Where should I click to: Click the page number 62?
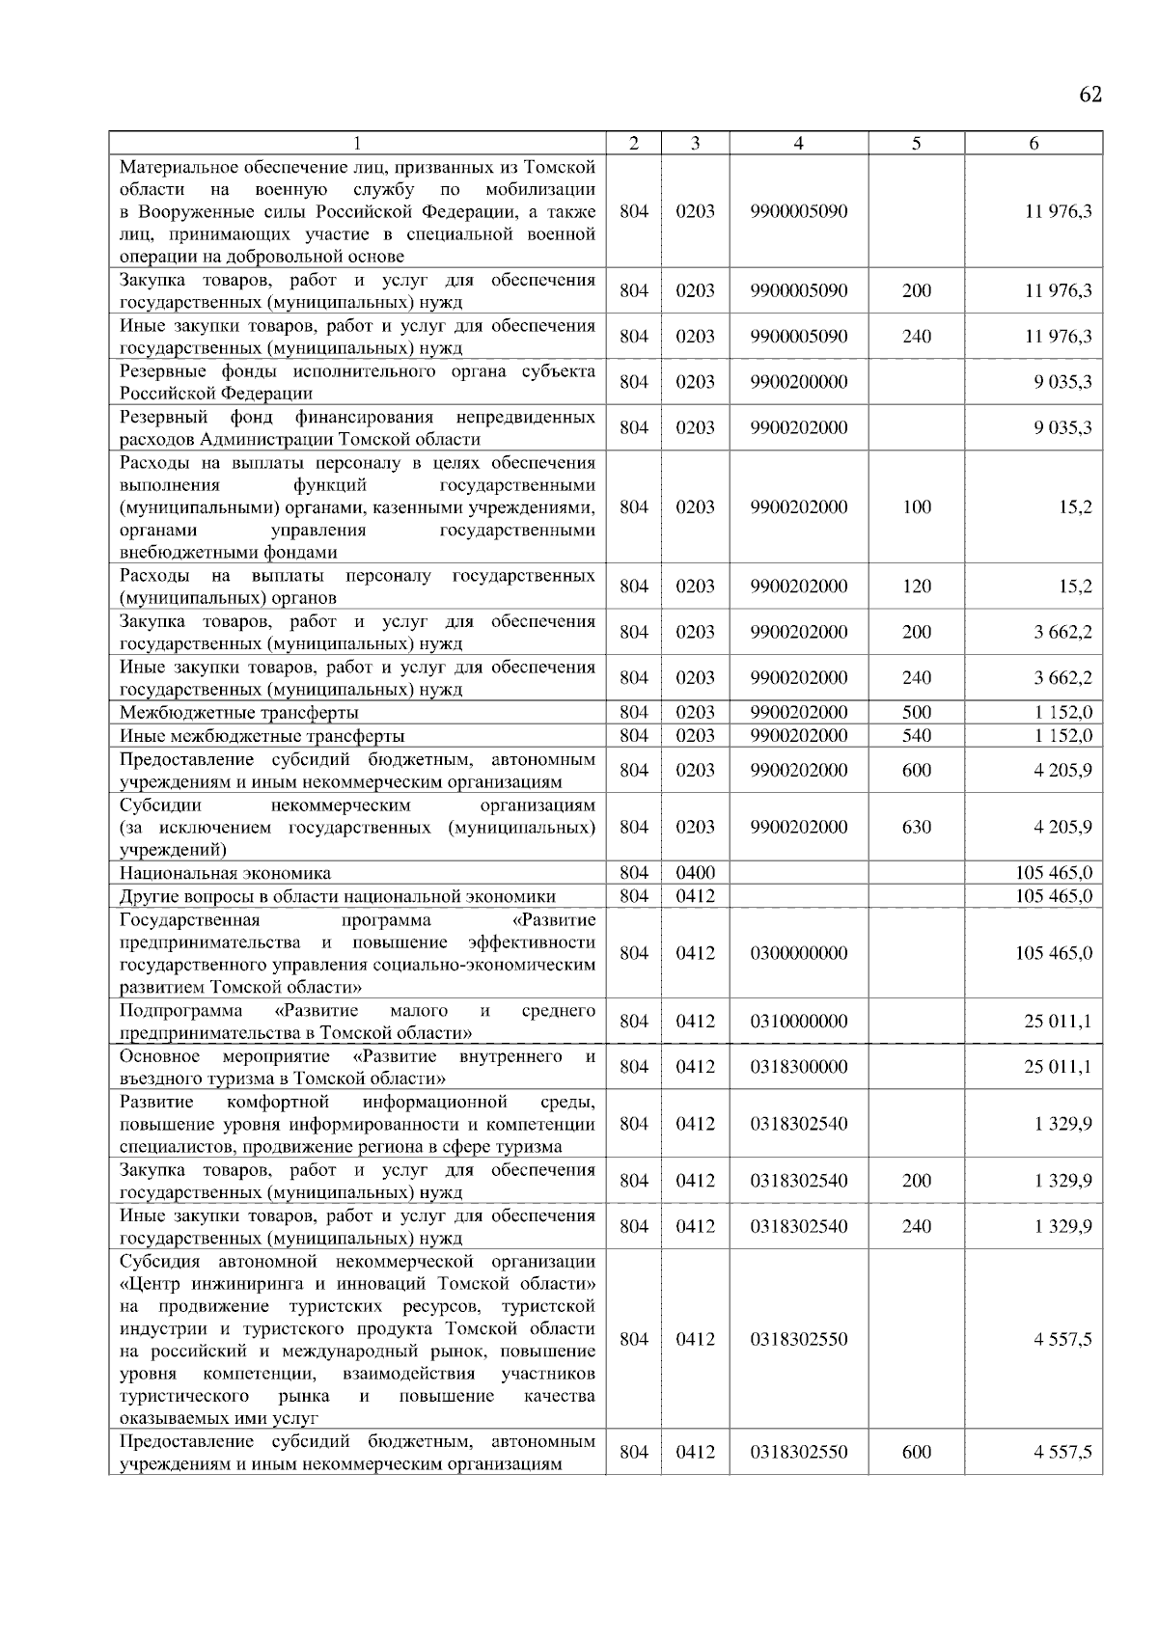1090,95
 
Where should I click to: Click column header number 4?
798,143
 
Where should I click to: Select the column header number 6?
1034,143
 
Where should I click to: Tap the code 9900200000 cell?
798,382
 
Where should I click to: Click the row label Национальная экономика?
225,873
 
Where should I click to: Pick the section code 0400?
695,873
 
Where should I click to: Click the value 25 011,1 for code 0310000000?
1058,1022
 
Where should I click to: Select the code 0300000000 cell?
798,953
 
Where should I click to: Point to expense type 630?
916,827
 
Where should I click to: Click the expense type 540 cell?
916,736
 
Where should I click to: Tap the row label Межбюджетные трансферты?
238,713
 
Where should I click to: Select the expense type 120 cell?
916,587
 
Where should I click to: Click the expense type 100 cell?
916,506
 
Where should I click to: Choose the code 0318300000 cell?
798,1067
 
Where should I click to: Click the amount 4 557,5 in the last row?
1062,1453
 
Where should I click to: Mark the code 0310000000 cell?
798,1022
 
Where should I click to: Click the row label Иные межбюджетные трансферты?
262,736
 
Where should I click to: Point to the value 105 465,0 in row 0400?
1054,873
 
